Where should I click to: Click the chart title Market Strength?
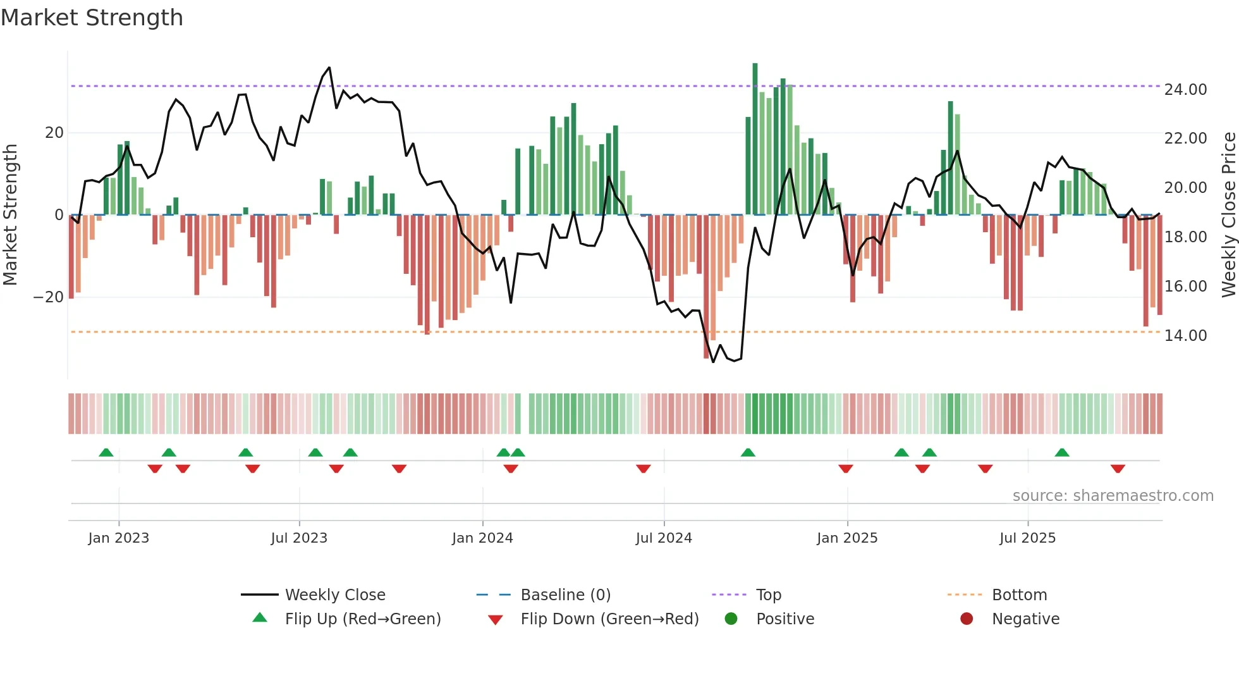(92, 18)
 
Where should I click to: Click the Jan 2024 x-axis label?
(482, 538)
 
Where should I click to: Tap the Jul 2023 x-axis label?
(299, 538)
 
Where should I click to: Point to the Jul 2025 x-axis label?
(1027, 538)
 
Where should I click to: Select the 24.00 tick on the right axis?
(1185, 89)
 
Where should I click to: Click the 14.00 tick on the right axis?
(1185, 335)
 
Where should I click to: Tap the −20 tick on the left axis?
(48, 297)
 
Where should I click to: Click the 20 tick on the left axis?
(54, 133)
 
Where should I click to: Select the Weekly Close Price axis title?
(1228, 215)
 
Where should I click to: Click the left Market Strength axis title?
(10, 215)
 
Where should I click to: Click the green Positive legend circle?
(731, 619)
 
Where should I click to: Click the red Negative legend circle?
(967, 619)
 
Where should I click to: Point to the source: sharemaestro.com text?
(1113, 496)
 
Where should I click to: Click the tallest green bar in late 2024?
(755, 139)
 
